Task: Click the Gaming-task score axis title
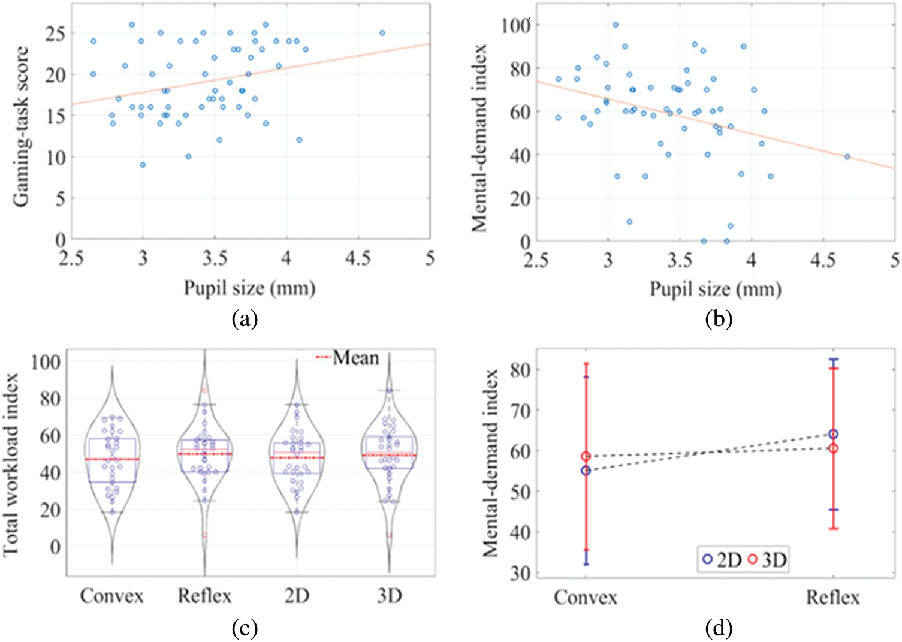tap(22, 125)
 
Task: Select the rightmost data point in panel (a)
tap(382, 33)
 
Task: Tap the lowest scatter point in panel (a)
tap(143, 165)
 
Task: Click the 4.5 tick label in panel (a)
tap(358, 258)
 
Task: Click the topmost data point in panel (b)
tap(616, 25)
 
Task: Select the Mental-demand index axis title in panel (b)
tap(479, 137)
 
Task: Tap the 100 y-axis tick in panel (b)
tap(517, 26)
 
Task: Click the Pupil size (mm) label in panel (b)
tap(716, 290)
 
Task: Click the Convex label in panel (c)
tap(112, 596)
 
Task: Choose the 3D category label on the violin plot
tap(389, 596)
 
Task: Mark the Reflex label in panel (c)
tap(204, 596)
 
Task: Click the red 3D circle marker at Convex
tap(586, 457)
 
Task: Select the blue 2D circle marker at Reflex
tap(833, 434)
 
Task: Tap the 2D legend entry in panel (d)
tap(722, 560)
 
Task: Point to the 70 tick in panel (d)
tap(519, 411)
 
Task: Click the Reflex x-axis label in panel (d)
tap(832, 598)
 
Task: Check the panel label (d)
tap(718, 628)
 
